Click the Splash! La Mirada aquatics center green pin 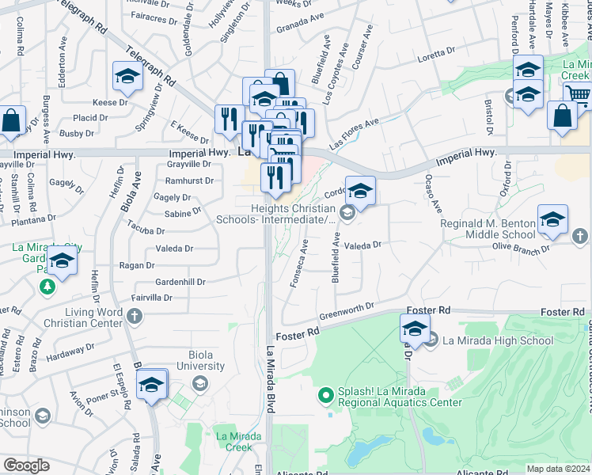[x=324, y=394]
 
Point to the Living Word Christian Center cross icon [x=135, y=317]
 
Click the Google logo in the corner [x=26, y=465]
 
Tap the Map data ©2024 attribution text [x=558, y=469]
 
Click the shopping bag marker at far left [x=13, y=121]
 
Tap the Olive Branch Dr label [x=521, y=248]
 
